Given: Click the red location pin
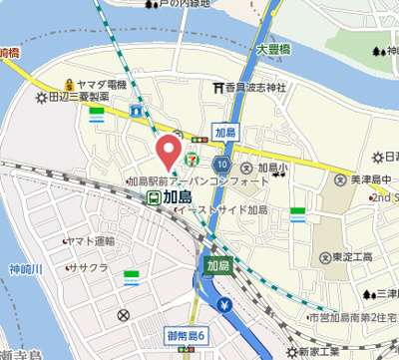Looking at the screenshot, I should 171,152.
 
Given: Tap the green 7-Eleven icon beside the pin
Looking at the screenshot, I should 193,157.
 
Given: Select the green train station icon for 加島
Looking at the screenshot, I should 153,197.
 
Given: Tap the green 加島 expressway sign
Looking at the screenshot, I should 218,265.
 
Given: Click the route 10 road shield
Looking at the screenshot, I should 221,164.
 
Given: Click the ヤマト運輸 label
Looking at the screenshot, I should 93,241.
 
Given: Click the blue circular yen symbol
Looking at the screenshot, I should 224,305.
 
